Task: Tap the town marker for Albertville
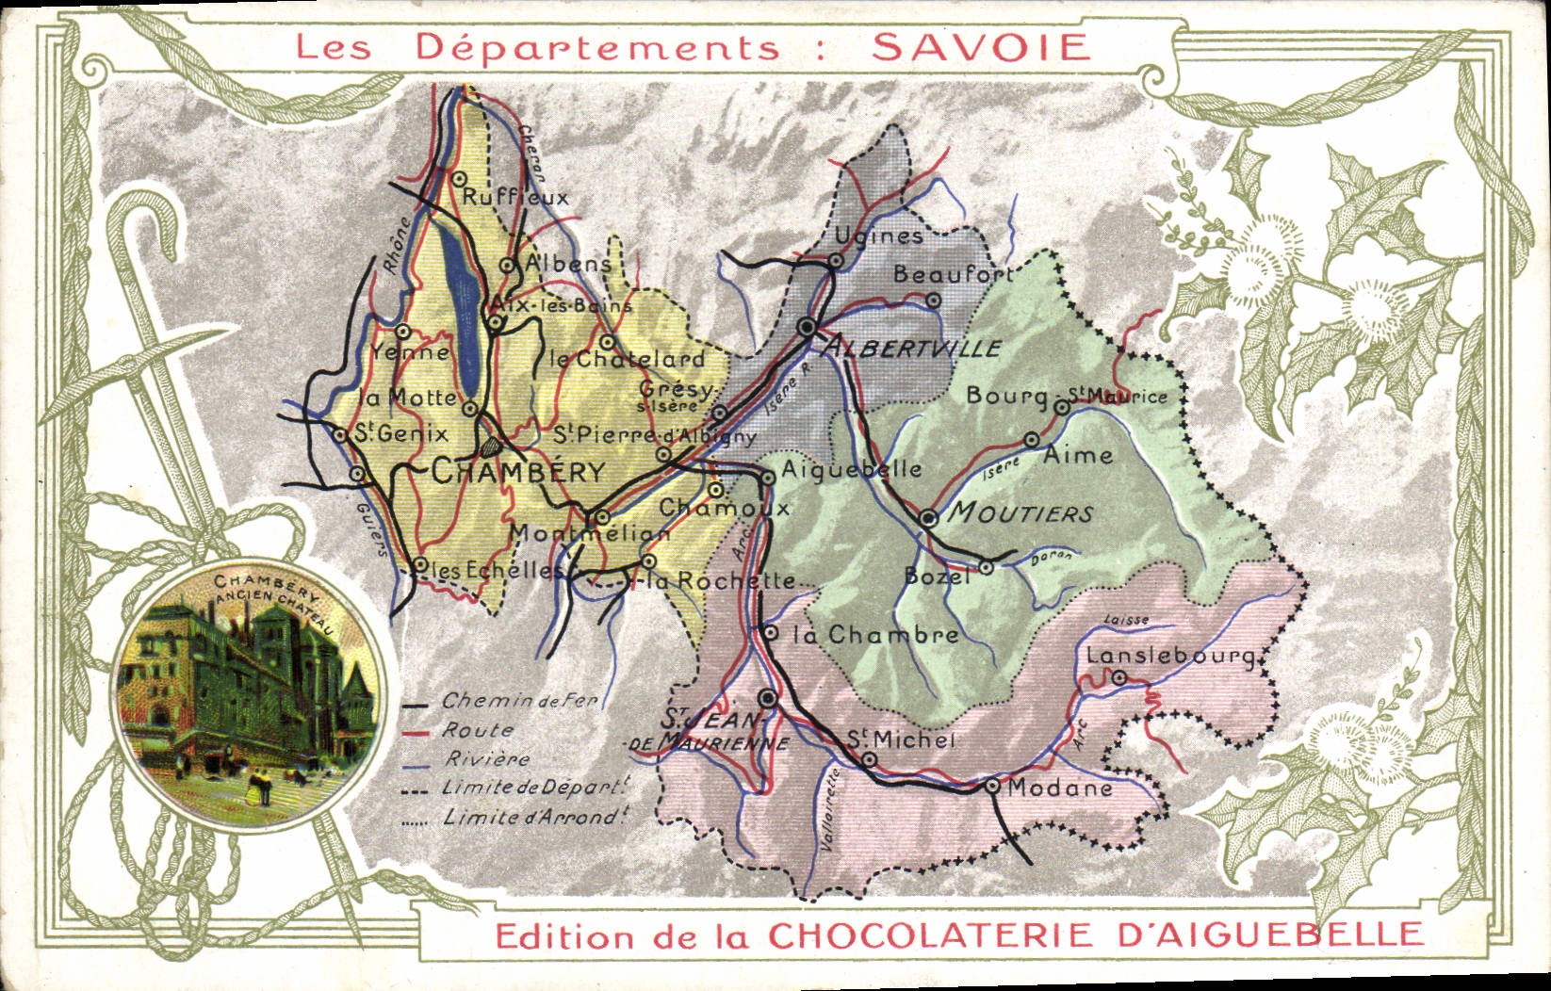click(808, 327)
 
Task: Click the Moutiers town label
click(1020, 513)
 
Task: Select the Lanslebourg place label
click(1169, 656)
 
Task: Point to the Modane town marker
click(992, 786)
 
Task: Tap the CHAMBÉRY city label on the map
click(517, 472)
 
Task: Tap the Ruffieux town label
click(515, 198)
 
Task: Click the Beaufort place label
click(952, 274)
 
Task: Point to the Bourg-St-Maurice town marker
click(1062, 407)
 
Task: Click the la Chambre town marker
click(771, 633)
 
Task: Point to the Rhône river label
click(397, 247)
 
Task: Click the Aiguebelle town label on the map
click(851, 469)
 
